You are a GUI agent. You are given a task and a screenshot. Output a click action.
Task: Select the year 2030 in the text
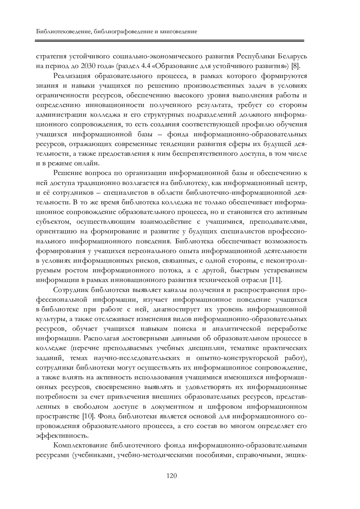[88, 66]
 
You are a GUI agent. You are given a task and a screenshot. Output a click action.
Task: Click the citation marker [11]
[275, 280]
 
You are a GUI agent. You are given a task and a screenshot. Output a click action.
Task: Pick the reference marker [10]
[89, 416]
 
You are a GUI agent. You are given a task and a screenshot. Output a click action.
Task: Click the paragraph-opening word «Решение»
[67, 173]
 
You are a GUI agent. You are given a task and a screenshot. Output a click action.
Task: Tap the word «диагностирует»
[178, 309]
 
